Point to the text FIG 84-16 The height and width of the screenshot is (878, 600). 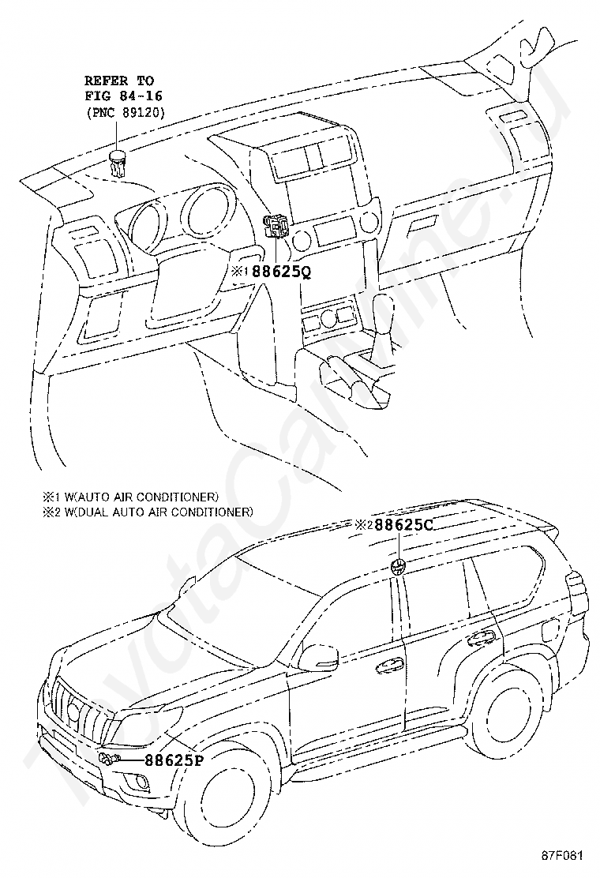[120, 96]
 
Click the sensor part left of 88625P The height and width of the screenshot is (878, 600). [108, 760]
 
